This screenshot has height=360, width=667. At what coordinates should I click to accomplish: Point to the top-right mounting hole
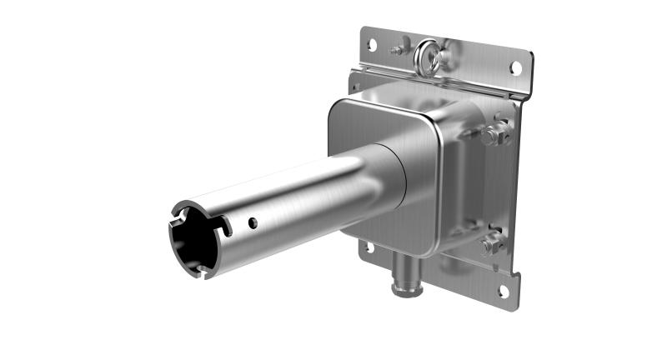tap(516, 67)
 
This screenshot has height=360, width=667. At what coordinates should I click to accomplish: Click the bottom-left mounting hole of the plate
tap(367, 247)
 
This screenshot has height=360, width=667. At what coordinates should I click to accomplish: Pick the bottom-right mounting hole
tap(503, 291)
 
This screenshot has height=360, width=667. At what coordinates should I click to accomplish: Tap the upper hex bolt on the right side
tap(494, 133)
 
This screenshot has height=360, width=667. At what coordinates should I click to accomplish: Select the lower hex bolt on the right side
tap(490, 245)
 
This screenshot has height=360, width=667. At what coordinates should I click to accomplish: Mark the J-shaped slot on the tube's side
tap(223, 225)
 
